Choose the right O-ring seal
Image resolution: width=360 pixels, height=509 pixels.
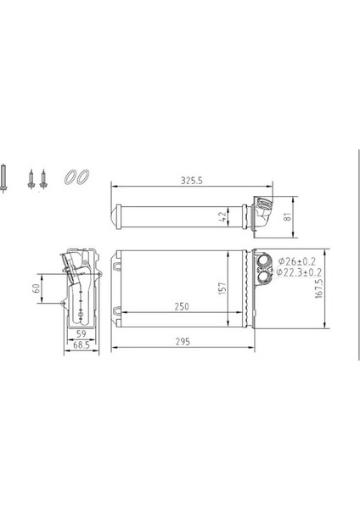82,176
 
